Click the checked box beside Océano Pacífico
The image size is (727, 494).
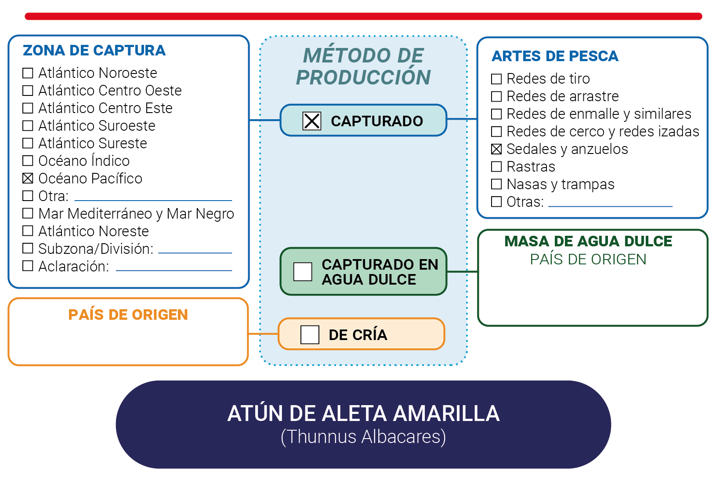coord(28,178)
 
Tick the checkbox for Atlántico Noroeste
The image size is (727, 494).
coord(28,73)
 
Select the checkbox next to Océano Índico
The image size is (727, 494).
coord(28,161)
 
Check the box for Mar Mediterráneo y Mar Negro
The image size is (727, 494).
coord(28,213)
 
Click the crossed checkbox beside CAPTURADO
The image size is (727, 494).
coord(312,121)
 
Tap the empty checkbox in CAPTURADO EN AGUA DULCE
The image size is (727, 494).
coord(303,272)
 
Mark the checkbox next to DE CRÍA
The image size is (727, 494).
coord(310,334)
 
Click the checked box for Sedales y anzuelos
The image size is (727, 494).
coord(496,149)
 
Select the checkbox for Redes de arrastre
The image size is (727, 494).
coord(496,96)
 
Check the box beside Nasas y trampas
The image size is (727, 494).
coord(496,184)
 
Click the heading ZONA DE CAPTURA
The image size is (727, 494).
coord(94,51)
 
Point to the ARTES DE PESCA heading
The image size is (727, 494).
coord(555,56)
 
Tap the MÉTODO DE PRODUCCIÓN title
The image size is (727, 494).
coord(364,66)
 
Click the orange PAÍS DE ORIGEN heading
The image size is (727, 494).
coord(128,315)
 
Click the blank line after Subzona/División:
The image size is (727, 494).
coord(195,252)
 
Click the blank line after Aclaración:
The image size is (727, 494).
coord(174,270)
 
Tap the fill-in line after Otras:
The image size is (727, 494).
coord(611,206)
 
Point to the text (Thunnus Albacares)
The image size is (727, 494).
coord(364,436)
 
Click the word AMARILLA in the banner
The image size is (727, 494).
coord(447,413)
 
